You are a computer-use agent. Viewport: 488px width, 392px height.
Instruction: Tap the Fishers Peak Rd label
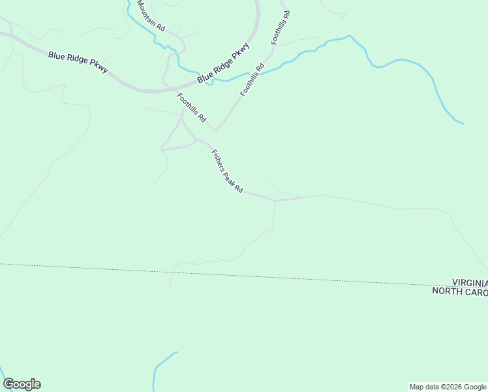[x=227, y=171]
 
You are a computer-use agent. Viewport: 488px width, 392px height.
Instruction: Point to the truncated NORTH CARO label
[x=460, y=291]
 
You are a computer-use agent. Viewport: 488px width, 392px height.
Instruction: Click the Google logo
[x=22, y=384]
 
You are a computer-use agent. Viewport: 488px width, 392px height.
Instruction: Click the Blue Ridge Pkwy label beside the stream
[x=224, y=63]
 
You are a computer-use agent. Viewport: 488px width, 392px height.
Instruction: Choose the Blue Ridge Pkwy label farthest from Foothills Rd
[x=78, y=63]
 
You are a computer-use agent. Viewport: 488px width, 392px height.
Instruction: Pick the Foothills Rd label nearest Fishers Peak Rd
[x=191, y=108]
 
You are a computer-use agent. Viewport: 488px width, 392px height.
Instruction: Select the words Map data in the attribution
[x=422, y=387]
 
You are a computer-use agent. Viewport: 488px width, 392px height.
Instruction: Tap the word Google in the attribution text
[x=473, y=387]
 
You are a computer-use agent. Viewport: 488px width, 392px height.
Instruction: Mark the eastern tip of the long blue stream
[x=463, y=123]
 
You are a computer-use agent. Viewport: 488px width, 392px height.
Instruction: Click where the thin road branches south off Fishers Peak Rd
[x=275, y=201]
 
